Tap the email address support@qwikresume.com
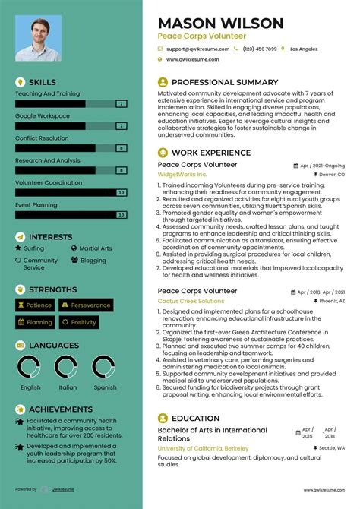198,49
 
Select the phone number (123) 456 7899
260,49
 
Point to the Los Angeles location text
304,49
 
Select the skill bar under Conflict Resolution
65,147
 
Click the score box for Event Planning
121,215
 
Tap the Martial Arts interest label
96,248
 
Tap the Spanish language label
105,387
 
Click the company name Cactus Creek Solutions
191,301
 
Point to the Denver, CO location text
331,175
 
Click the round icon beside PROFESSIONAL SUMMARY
163,82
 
